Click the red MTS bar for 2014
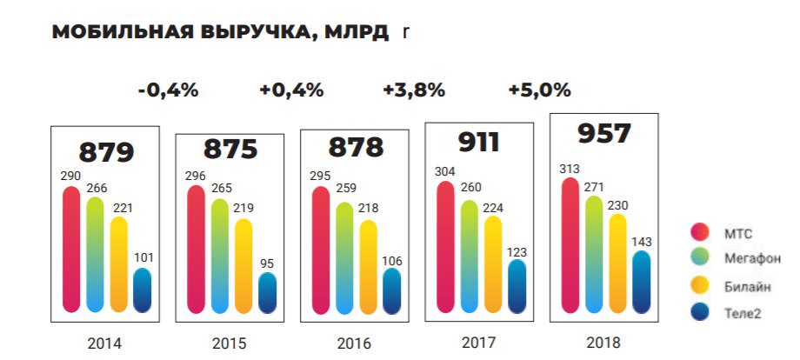pyautogui.click(x=71, y=249)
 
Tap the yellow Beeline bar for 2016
pyautogui.click(x=369, y=266)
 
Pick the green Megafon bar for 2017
pyautogui.click(x=469, y=256)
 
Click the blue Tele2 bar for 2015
pyautogui.click(x=268, y=293)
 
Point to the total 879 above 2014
pyautogui.click(x=106, y=152)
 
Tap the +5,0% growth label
pyautogui.click(x=539, y=90)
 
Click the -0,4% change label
pyautogui.click(x=168, y=90)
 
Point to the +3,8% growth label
pyautogui.click(x=414, y=90)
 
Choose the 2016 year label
pyautogui.click(x=353, y=343)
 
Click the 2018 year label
pyautogui.click(x=603, y=343)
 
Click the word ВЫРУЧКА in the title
pyautogui.click(x=258, y=34)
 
